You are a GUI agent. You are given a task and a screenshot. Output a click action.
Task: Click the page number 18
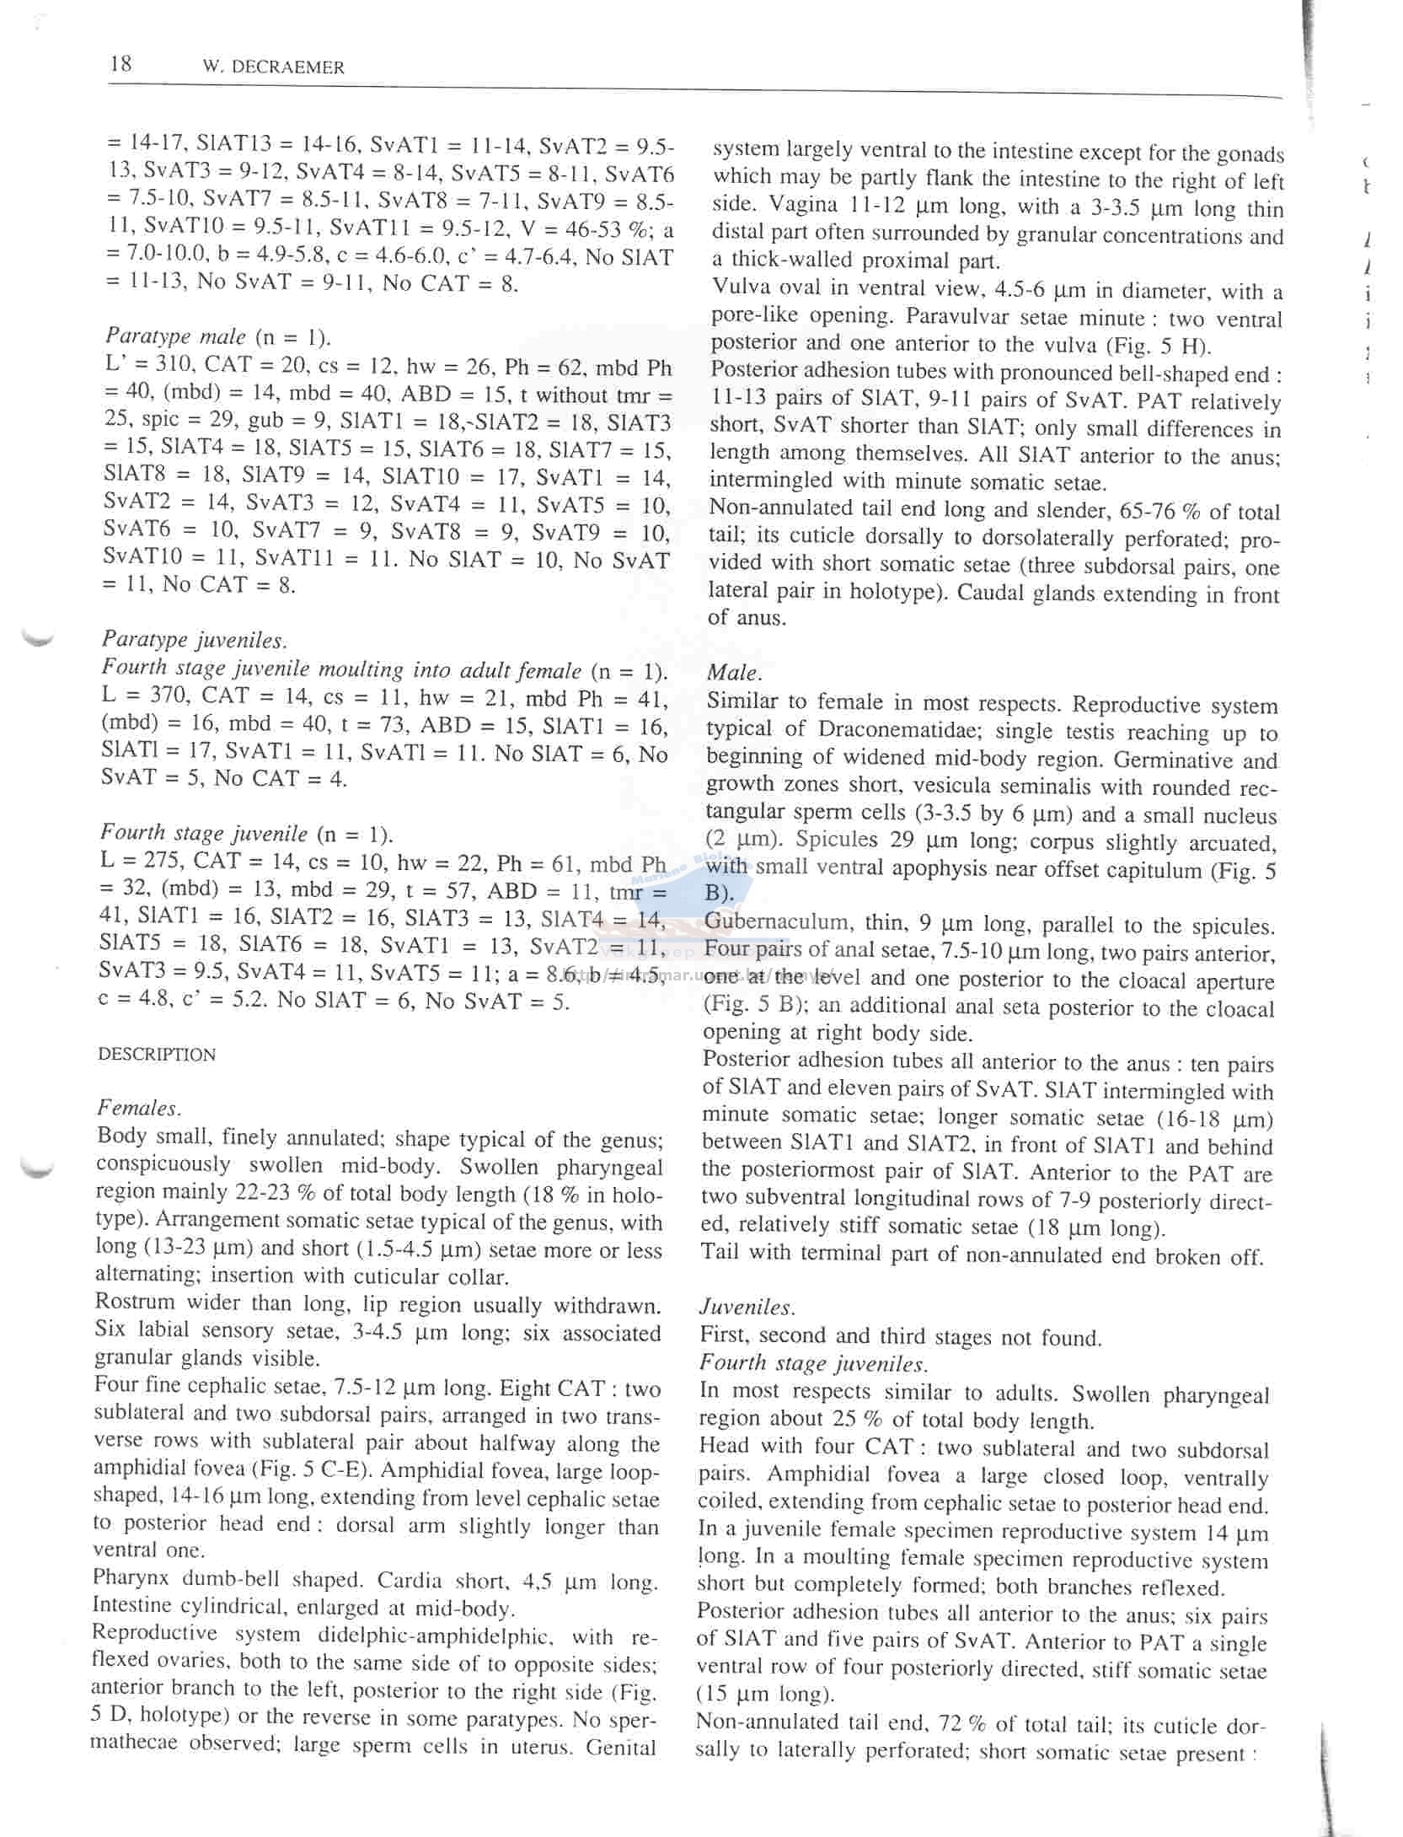pyautogui.click(x=120, y=64)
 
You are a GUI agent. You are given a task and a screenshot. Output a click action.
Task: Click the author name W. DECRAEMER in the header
pyautogui.click(x=274, y=68)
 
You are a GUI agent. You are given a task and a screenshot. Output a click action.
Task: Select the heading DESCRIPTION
pyautogui.click(x=157, y=1055)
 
